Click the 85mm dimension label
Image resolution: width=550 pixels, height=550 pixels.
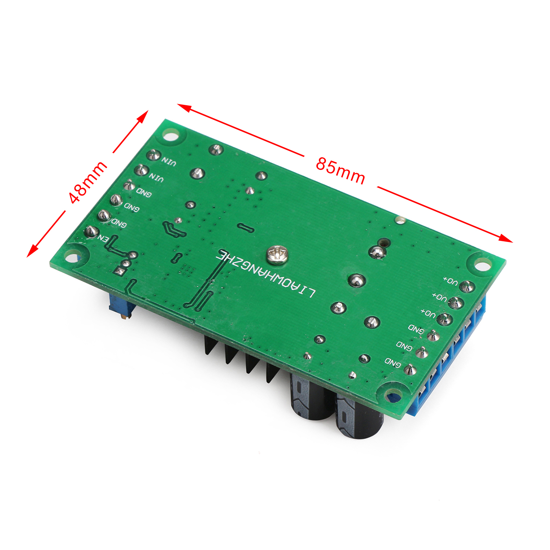click(340, 170)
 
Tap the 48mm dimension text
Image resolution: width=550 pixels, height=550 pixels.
click(88, 182)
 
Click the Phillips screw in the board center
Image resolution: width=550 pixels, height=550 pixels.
click(277, 254)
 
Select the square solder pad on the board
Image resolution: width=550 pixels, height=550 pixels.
click(120, 271)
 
